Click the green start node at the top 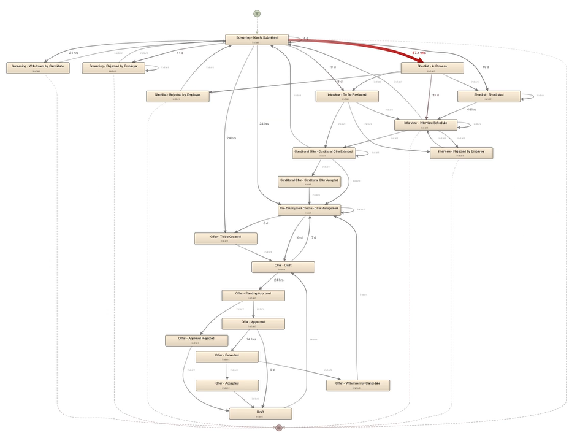point(257,13)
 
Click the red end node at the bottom point(279,428)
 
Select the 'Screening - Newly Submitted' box point(257,39)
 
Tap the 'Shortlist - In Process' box point(432,67)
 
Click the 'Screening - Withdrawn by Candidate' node point(38,67)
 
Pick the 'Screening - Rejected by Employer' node point(113,67)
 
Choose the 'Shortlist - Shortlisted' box point(489,96)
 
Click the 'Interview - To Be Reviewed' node point(348,96)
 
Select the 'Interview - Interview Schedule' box point(425,125)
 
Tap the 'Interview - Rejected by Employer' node point(461,153)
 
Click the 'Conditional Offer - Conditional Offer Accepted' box point(309,182)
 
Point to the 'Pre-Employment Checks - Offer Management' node point(309,210)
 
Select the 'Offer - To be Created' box point(226,239)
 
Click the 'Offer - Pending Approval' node point(253,295)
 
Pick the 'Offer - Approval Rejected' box point(196,340)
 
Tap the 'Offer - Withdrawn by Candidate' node point(358,385)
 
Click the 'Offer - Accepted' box point(227,385)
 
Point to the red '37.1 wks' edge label point(420,53)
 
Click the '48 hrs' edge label point(471,110)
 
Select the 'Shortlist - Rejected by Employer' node point(178,96)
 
